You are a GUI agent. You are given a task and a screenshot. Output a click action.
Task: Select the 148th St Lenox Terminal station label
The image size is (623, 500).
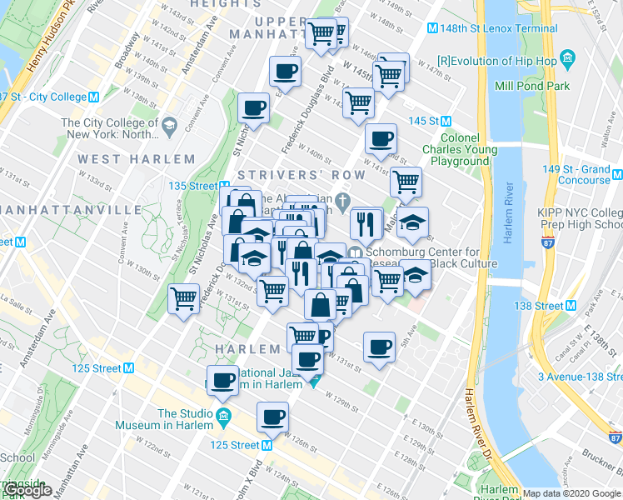click(x=487, y=28)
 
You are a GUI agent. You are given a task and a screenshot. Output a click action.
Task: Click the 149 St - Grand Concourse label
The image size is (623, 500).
click(x=576, y=174)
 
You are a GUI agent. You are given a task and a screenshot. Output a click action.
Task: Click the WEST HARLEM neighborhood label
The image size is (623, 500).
click(x=137, y=158)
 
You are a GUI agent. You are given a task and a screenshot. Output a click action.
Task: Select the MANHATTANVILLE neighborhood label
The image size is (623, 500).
click(x=72, y=208)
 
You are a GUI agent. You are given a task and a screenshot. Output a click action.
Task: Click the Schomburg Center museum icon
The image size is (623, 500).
click(x=355, y=253)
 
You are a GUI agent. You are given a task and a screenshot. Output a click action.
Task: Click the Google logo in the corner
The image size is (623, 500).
click(x=27, y=491)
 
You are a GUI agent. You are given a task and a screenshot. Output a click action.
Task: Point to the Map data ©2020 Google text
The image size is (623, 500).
click(x=571, y=493)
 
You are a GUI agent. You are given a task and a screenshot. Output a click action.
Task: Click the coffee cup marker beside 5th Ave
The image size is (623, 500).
click(x=379, y=347)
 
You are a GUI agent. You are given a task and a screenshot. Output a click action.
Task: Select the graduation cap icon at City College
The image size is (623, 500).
click(x=170, y=126)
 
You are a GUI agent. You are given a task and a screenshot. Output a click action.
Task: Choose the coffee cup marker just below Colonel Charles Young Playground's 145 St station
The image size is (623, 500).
click(x=381, y=139)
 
